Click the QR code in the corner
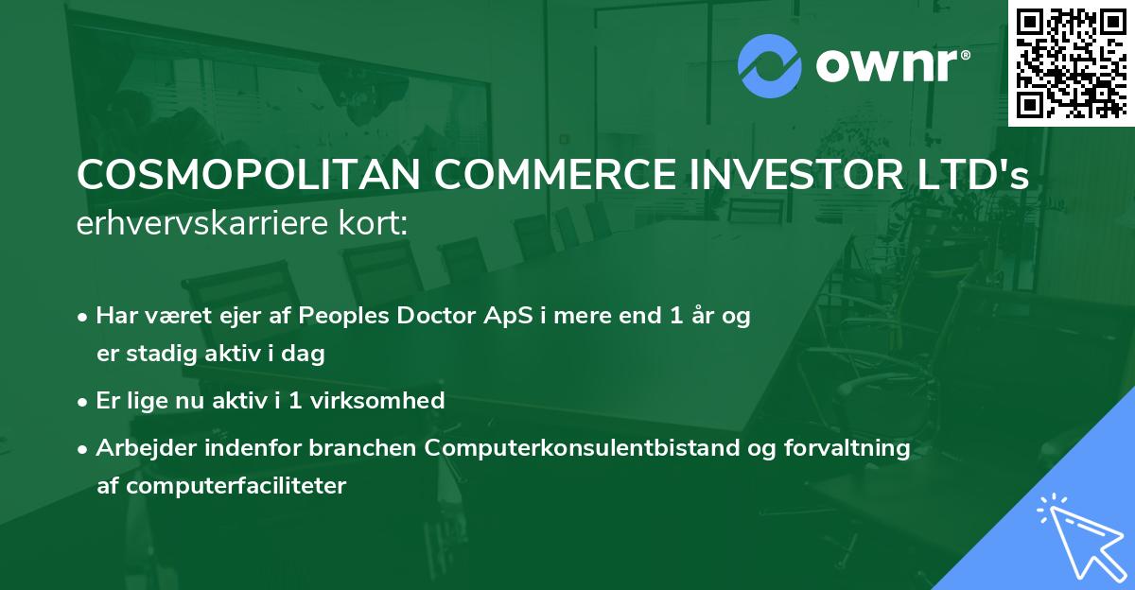(x=1071, y=62)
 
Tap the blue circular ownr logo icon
(x=769, y=66)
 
